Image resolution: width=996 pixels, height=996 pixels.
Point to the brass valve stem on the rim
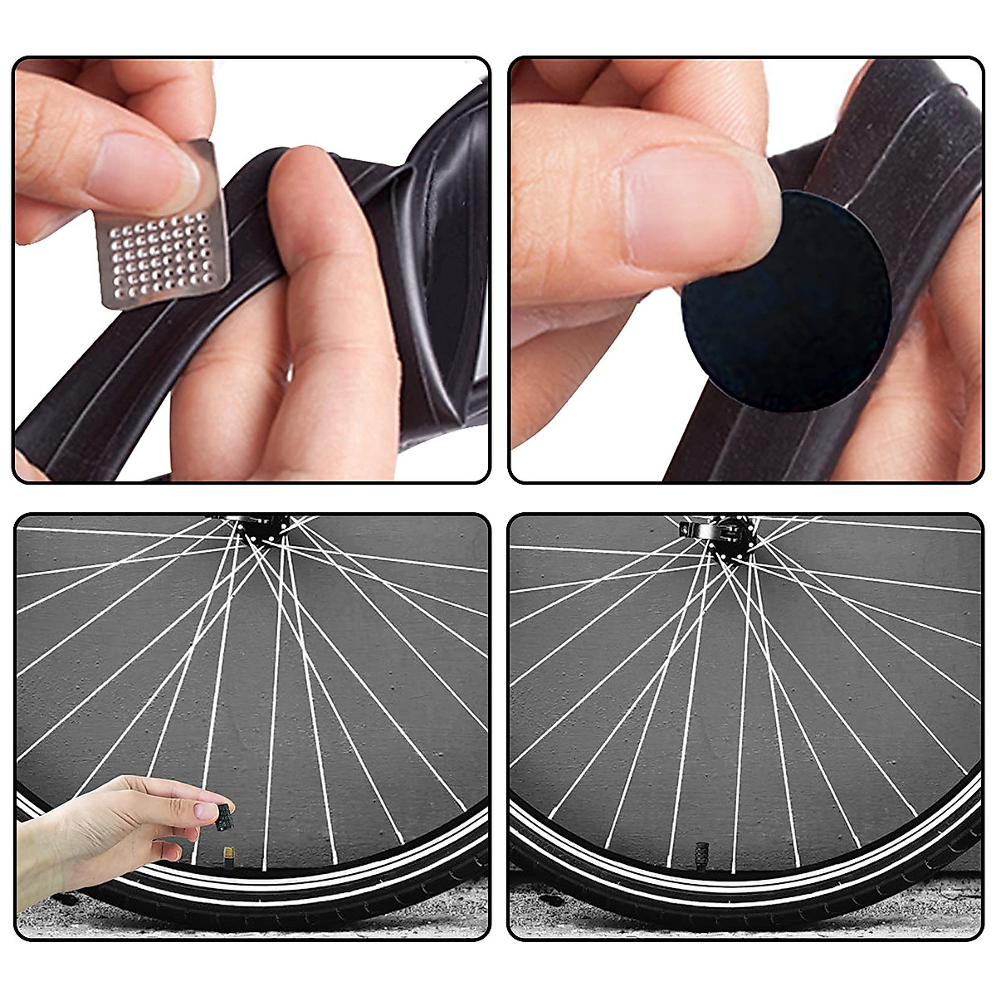point(227,854)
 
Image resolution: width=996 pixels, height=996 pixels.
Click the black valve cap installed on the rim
point(698,856)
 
